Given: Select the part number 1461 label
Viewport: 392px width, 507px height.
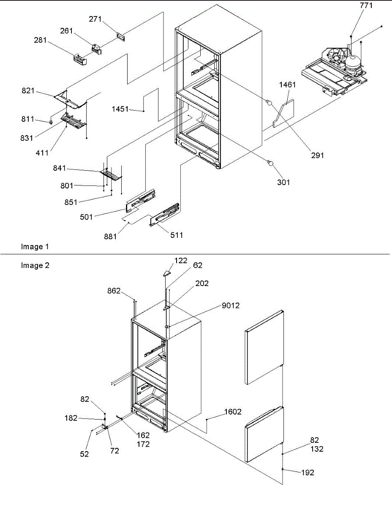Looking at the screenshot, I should (x=287, y=84).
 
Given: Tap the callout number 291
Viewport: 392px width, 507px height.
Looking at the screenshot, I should (x=317, y=155).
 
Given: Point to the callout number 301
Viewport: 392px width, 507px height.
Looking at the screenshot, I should (x=283, y=182).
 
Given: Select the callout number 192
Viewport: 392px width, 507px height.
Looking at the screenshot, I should (x=308, y=473).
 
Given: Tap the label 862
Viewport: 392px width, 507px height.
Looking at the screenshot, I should (x=114, y=291).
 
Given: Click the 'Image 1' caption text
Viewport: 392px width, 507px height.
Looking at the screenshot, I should (x=32, y=247).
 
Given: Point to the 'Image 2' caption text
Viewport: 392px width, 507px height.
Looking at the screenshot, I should (x=32, y=266).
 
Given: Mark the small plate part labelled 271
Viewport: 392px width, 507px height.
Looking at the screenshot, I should (x=121, y=37).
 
